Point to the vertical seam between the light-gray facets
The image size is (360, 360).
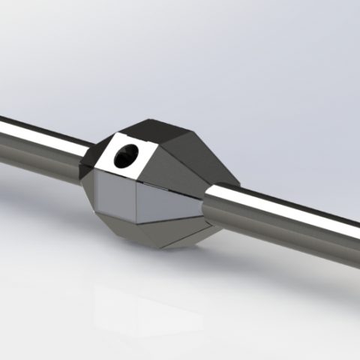point(137,202)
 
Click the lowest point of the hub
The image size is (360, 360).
point(161,249)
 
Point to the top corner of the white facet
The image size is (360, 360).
point(114,133)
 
